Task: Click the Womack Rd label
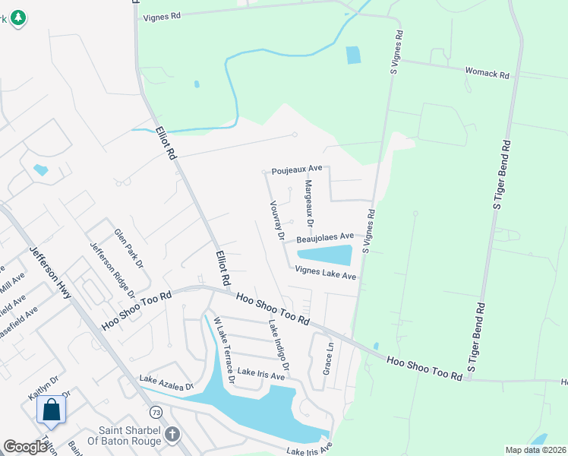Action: tap(487, 73)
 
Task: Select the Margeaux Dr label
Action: tap(309, 204)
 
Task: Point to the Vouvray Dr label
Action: tap(276, 220)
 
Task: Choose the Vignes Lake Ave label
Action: tap(325, 273)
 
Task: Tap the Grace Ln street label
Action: tap(329, 356)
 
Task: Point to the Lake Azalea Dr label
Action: tap(166, 382)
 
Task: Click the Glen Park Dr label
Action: tap(128, 249)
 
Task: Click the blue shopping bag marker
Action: tap(52, 410)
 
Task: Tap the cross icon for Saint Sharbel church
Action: tap(172, 434)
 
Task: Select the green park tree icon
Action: tap(18, 17)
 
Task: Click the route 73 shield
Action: tap(156, 412)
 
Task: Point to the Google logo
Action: tap(25, 447)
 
